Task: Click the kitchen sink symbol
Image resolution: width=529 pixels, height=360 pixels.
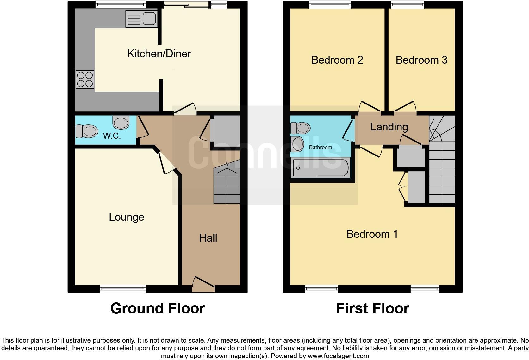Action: (x=141, y=19)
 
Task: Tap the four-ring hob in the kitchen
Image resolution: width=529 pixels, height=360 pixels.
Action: (x=85, y=79)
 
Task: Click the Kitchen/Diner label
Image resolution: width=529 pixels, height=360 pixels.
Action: (x=159, y=54)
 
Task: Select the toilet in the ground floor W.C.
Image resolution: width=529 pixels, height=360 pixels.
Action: (x=86, y=131)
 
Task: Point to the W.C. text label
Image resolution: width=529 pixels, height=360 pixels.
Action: (x=112, y=136)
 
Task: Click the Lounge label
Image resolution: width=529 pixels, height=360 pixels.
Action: (x=127, y=217)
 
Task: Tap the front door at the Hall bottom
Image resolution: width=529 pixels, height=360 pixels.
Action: (x=203, y=285)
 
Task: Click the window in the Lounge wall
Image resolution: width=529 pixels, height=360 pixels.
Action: (x=123, y=288)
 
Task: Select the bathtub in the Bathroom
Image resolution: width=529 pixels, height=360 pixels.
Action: (x=321, y=168)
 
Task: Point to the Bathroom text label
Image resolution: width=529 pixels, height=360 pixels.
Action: (x=321, y=147)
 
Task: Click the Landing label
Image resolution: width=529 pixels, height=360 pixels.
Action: (x=389, y=127)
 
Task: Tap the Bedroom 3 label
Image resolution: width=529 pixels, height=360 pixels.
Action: (x=421, y=60)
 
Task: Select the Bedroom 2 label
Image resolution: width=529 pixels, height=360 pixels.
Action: (x=337, y=60)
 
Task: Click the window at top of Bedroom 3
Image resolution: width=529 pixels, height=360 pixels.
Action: (x=408, y=4)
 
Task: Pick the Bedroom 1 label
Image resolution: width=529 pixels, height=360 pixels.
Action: (x=372, y=234)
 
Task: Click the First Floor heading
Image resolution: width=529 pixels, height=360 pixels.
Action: (x=372, y=308)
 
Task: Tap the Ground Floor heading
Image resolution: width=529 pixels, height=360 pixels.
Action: (x=158, y=308)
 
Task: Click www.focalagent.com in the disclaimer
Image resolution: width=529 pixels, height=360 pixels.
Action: (x=338, y=356)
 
